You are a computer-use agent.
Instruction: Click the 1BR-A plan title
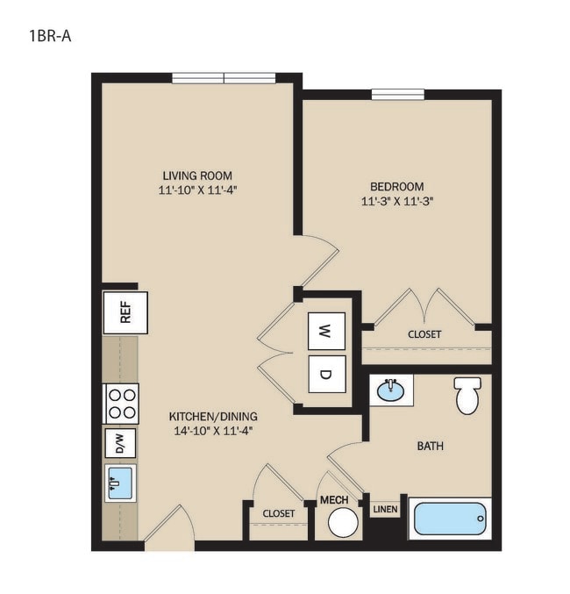point(50,36)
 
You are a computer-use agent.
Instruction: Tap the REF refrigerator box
point(125,312)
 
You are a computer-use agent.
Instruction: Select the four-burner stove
point(121,404)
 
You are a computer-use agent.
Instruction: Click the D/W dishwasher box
point(120,444)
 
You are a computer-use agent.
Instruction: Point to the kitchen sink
point(120,483)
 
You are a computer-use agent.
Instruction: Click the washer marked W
point(326,331)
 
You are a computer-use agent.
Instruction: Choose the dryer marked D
point(326,375)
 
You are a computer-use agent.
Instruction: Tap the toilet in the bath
point(468,395)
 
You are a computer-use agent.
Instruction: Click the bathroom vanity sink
point(391,390)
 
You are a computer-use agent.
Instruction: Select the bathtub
point(450,519)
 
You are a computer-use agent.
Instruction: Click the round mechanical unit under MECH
point(343,522)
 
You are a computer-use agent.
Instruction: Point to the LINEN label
point(385,510)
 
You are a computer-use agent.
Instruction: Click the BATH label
point(431,446)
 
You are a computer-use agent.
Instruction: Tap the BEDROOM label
point(397,186)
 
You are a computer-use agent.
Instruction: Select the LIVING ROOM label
point(197,175)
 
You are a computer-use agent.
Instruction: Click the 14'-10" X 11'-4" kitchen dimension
point(213,431)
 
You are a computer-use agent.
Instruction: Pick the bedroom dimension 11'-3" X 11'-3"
point(397,201)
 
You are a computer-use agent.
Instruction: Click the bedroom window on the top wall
point(397,95)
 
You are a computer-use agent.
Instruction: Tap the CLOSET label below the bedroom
point(424,334)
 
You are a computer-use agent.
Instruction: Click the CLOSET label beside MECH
point(278,513)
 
